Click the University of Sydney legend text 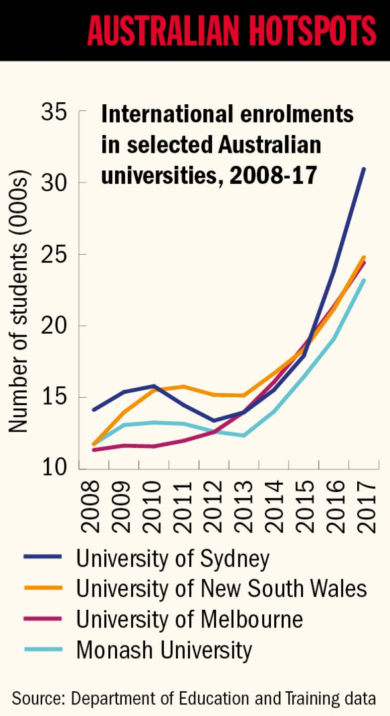[x=172, y=559]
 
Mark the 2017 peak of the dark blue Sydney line [x=364, y=169]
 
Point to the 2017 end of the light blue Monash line [x=364, y=281]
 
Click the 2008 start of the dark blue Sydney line [x=94, y=410]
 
